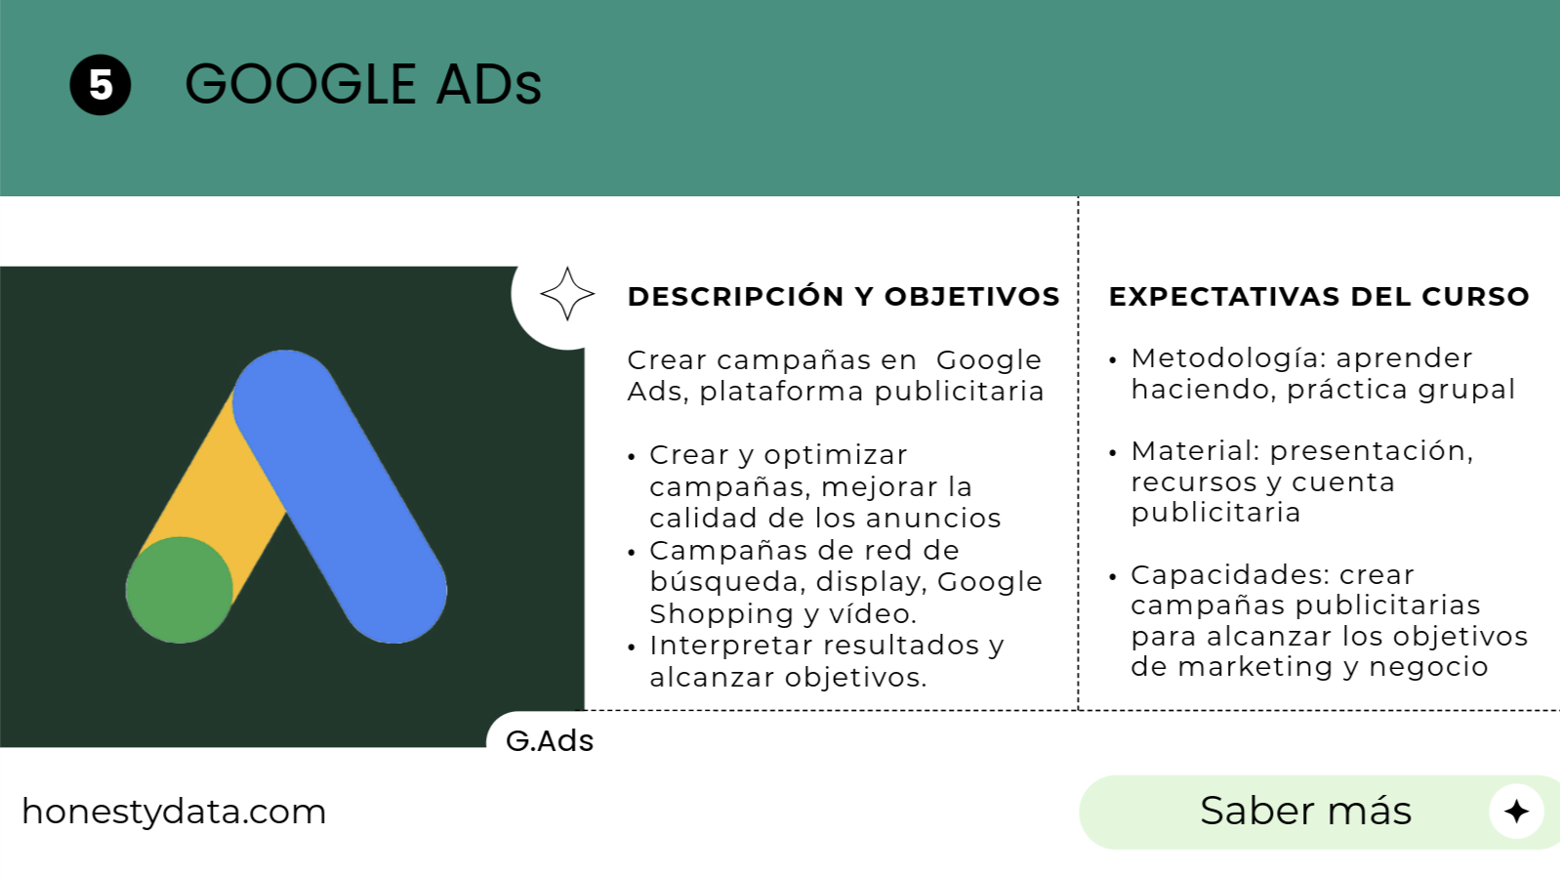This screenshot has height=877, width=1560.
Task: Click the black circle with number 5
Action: point(101,85)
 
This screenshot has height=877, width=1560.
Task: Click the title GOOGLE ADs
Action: point(363,84)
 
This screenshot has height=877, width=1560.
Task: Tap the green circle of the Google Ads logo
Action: point(179,590)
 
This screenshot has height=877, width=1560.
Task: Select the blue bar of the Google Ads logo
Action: point(339,496)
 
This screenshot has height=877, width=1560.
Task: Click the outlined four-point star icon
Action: point(567,294)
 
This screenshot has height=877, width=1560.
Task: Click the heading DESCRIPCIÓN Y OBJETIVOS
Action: point(843,297)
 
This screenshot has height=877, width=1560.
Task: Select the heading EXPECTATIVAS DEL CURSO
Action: point(1319,297)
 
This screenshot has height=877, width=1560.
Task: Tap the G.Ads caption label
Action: point(550,741)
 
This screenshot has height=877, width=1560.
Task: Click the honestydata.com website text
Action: point(174,813)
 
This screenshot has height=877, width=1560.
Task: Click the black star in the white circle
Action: point(1516,812)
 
